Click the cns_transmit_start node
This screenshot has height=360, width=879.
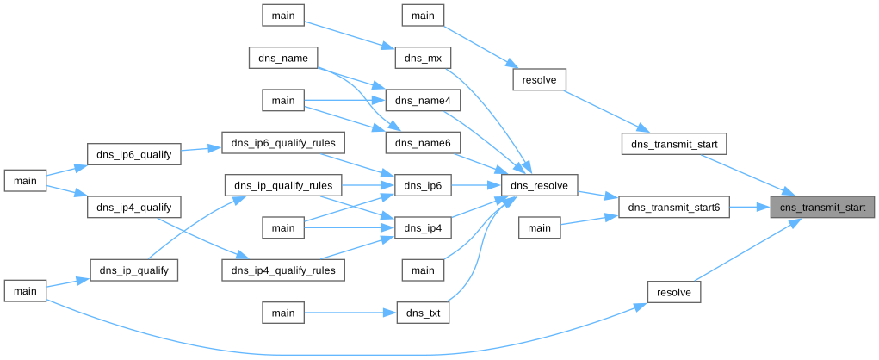[822, 208]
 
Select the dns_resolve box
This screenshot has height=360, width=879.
[539, 185]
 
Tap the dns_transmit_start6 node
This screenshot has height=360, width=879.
[674, 208]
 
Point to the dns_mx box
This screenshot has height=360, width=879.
[423, 58]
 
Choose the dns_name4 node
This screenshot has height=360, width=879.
[423, 101]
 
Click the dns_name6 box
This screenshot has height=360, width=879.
[423, 142]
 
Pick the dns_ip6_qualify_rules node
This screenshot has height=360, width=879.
[283, 142]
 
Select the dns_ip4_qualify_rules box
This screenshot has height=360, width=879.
[283, 270]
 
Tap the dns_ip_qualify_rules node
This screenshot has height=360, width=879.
[283, 185]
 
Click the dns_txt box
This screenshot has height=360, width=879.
[423, 313]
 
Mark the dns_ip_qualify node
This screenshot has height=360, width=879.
[133, 270]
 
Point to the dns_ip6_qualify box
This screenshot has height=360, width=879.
[133, 155]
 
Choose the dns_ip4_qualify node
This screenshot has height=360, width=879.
[133, 208]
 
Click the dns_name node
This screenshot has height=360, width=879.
[283, 58]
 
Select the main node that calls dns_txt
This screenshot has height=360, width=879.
[283, 313]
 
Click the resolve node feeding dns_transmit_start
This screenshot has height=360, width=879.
[539, 80]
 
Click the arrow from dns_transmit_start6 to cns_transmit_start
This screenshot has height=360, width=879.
[749, 208]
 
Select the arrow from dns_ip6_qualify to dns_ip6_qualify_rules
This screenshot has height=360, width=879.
[201, 148]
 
